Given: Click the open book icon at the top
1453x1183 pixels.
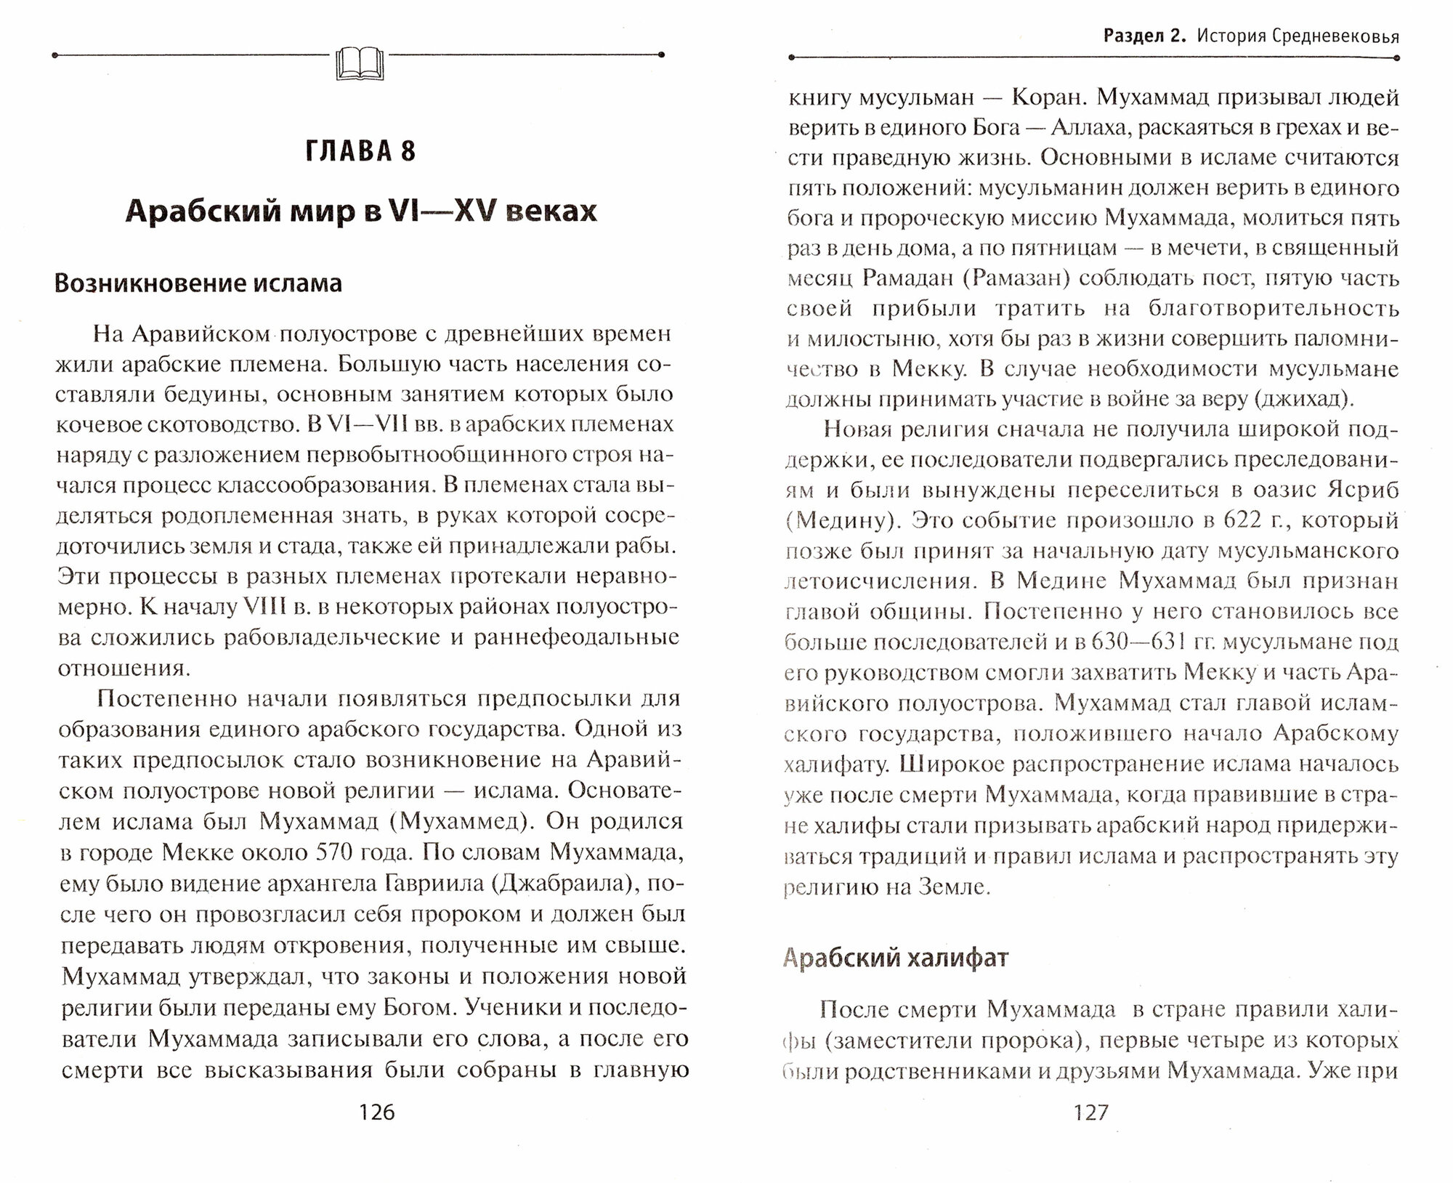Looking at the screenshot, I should (x=360, y=62).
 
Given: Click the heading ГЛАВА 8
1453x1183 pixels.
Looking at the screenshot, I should (x=360, y=152).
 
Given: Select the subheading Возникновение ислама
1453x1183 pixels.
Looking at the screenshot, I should (x=198, y=283).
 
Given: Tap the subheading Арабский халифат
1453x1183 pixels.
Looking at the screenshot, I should (x=896, y=958).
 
